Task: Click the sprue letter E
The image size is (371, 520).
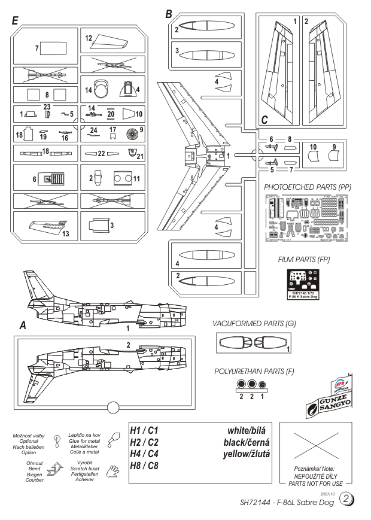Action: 14,21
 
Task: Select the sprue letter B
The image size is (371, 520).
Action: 169,13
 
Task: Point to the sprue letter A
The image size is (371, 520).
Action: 23,326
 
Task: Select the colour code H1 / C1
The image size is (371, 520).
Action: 144,431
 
